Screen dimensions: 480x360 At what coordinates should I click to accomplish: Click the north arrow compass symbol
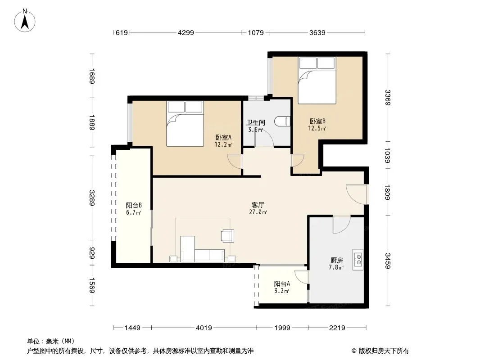pos(25,21)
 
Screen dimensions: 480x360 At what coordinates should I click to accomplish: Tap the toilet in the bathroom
pos(282,121)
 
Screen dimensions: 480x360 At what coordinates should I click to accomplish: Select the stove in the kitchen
pos(358,260)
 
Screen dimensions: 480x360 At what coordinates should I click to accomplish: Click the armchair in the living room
pos(227,235)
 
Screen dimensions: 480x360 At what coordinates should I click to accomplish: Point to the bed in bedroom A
pos(185,124)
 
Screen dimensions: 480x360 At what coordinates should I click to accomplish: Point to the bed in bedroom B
pos(317,80)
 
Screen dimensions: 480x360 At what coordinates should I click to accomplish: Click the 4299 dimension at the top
pos(186,32)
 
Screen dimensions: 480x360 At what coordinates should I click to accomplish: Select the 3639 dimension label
pos(317,32)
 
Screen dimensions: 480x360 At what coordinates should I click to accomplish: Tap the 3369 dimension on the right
pos(388,97)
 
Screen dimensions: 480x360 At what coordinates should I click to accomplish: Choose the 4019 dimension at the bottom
pos(204,328)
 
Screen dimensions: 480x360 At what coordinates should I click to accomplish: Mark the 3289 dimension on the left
pos(92,198)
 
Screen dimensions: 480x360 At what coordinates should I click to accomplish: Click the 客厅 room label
pos(258,205)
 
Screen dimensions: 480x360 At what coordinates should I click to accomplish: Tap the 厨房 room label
pos(337,260)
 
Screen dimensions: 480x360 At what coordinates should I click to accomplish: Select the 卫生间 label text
pos(256,123)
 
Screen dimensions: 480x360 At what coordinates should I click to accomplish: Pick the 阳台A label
pos(282,284)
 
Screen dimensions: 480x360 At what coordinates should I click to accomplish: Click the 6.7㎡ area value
pos(133,212)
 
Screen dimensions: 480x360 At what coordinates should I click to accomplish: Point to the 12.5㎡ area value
pos(317,128)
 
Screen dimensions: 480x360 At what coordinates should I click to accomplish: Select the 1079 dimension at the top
pos(256,32)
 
